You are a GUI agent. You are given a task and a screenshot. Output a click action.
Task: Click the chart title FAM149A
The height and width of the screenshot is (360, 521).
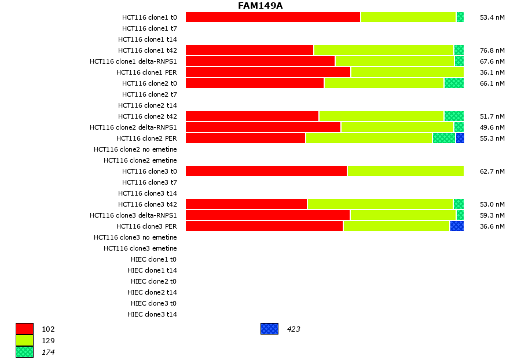point(260,6)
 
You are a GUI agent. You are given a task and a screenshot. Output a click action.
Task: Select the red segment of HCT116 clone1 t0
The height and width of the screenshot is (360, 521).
point(273,17)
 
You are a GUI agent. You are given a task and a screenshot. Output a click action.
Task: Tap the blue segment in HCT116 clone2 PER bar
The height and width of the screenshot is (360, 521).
point(460,138)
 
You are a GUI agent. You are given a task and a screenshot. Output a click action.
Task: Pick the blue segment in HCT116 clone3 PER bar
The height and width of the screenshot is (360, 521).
point(457,226)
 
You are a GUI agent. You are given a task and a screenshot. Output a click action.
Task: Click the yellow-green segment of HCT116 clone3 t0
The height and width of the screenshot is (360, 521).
point(405,171)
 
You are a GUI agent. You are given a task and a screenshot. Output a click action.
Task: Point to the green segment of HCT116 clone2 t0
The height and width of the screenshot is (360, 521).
point(454,83)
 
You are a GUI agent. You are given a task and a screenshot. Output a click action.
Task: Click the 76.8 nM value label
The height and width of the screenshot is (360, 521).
point(492,50)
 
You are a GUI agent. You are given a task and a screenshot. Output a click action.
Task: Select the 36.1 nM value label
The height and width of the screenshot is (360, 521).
point(492,72)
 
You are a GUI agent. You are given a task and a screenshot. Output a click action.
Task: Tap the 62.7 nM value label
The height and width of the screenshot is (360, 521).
point(492,171)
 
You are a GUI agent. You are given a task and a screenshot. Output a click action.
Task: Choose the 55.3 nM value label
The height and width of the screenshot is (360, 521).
point(492,138)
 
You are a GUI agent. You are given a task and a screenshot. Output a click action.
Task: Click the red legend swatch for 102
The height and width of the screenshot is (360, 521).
point(24,329)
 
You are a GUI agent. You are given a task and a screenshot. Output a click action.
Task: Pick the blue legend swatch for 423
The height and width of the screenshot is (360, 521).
point(269,329)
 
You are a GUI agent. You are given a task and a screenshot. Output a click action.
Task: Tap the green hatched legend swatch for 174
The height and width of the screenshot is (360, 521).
point(24,352)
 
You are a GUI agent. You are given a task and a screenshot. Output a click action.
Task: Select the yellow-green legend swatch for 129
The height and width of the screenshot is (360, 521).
point(24,340)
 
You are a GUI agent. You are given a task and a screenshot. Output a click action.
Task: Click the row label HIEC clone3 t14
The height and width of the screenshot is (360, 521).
point(152,314)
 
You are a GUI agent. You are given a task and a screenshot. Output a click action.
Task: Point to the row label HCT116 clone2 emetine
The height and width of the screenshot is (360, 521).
point(140,160)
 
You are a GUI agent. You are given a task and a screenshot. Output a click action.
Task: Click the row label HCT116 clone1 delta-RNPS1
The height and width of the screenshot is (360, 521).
point(133,61)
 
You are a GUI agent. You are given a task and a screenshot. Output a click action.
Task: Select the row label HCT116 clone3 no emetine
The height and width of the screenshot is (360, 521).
point(135,237)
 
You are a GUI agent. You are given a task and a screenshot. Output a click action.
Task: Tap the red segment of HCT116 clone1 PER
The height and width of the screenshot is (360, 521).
point(268,72)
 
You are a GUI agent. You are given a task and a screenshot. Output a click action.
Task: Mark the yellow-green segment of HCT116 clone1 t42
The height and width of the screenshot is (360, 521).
point(383,50)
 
